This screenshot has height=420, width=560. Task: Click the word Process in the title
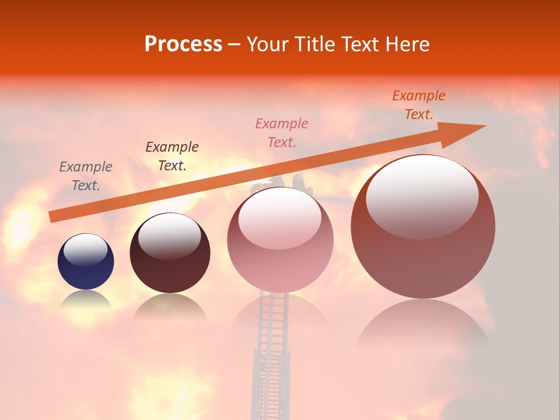183,44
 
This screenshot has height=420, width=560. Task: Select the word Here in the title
407,44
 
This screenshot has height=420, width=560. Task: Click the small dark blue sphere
86,261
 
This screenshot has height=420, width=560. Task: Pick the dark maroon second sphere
170,253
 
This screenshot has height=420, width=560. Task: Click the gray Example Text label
86,176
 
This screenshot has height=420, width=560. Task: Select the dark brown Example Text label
171,156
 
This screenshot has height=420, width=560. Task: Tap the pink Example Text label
282,132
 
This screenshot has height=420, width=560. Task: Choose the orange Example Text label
419,105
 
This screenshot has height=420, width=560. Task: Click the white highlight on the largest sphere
422,196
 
